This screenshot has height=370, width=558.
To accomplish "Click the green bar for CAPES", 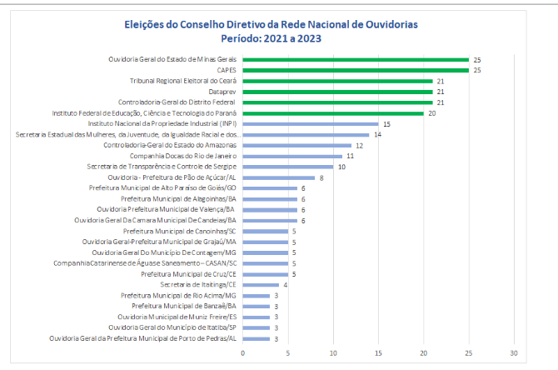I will pyautogui.click(x=356, y=70).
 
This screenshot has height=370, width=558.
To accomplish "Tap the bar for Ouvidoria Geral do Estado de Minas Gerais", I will pyautogui.click(x=356, y=59).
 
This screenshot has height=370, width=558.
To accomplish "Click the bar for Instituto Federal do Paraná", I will pyautogui.click(x=333, y=112).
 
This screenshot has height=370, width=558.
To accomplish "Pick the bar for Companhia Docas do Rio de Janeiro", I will pyautogui.click(x=292, y=156).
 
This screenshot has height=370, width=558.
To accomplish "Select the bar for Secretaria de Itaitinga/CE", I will pyautogui.click(x=261, y=285).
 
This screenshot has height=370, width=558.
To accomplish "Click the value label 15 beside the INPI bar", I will pyautogui.click(x=386, y=123).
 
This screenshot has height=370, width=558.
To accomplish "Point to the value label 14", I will pyautogui.click(x=377, y=134).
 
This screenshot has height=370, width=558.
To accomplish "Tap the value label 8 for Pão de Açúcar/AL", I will pyautogui.click(x=322, y=177).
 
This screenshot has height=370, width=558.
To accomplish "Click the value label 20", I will pyautogui.click(x=432, y=112).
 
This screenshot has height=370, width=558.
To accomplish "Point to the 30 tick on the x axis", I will pyautogui.click(x=515, y=352).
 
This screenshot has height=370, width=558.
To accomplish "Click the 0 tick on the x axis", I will pyautogui.click(x=243, y=352).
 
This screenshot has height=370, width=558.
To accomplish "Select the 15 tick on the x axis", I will pyautogui.click(x=379, y=352).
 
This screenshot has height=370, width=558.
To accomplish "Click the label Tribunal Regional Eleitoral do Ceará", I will pyautogui.click(x=183, y=81).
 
